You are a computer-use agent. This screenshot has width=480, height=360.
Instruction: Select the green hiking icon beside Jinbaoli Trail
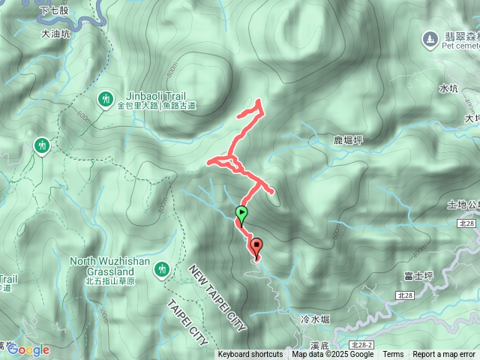tap(106, 99)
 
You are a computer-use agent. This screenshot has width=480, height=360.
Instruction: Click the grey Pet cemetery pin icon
tap(430, 37)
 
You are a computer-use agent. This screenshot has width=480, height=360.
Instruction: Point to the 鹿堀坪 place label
tap(349, 140)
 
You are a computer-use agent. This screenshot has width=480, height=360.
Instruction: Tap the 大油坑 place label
tap(56, 34)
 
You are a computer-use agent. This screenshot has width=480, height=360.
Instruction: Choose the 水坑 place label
tap(448, 88)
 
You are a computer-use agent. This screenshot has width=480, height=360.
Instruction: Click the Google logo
tap(28, 349)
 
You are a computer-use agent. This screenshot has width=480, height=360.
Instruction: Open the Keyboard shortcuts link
tap(250, 355)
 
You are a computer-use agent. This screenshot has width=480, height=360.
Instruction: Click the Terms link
tap(393, 355)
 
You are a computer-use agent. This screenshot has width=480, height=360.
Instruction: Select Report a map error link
tap(444, 355)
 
